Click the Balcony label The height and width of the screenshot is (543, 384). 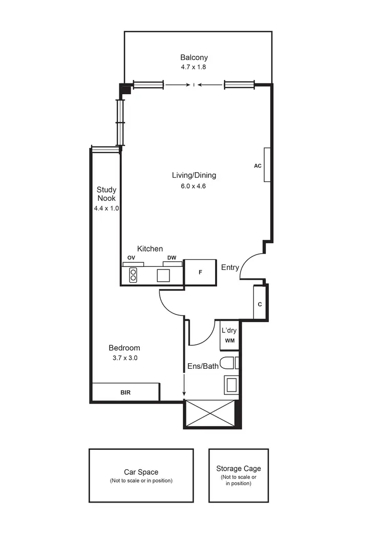click(194, 57)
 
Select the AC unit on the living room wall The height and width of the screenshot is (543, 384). click(267, 165)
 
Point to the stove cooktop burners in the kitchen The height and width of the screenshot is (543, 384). click(134, 275)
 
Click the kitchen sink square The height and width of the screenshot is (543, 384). click(163, 275)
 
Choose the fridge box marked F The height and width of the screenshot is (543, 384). click(200, 272)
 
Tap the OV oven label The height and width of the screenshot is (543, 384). click(132, 258)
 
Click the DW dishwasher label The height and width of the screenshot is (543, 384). click(171, 258)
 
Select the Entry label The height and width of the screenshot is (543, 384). click(230, 267)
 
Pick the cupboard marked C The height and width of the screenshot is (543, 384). click(260, 304)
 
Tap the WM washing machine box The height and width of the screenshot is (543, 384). click(229, 341)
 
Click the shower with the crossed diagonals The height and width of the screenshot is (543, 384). click(211, 414)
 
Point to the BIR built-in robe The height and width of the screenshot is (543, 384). click(125, 392)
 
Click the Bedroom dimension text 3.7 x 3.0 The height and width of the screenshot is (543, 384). click(125, 358)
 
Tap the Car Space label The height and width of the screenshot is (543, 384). click(141, 472)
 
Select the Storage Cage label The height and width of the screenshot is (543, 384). click(238, 468)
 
